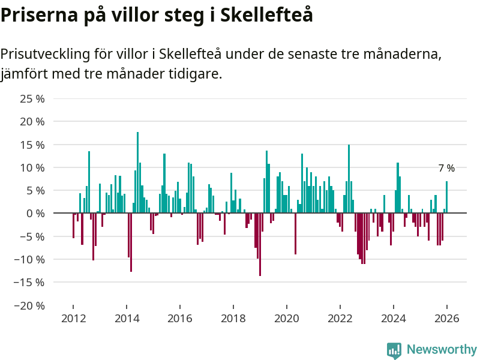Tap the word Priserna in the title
tap(37, 15)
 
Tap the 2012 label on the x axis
tap(73, 319)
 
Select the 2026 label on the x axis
tap(447, 319)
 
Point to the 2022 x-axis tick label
tap(340, 319)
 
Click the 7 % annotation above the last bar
tap(446, 169)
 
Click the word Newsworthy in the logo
tap(442, 349)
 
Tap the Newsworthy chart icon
tap(394, 350)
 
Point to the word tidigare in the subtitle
tap(192, 74)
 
